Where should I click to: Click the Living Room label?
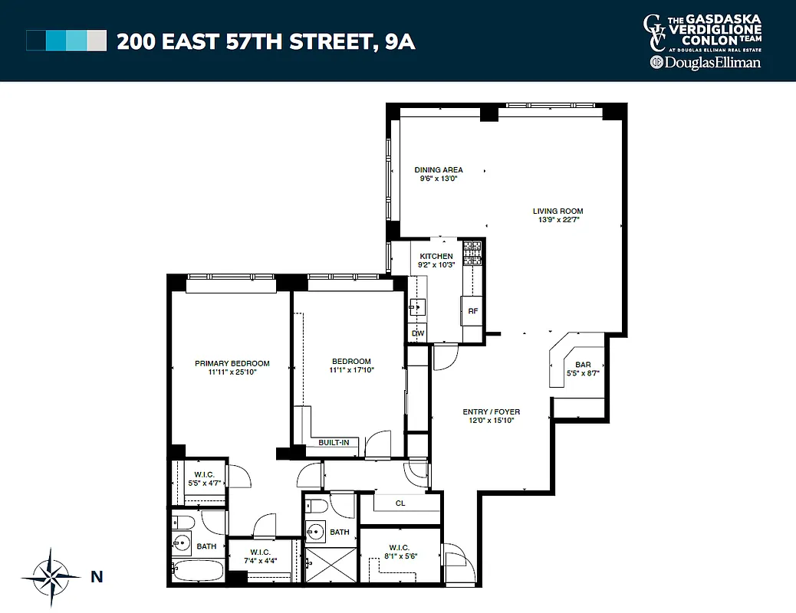tap(558, 211)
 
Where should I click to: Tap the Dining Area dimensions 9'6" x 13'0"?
tap(438, 179)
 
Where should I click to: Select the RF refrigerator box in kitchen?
tap(473, 311)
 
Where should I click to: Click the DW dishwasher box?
tap(418, 333)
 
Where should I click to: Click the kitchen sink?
tap(416, 307)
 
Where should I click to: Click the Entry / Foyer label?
tap(492, 411)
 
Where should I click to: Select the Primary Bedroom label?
tap(232, 363)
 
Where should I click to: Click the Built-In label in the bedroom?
tap(334, 442)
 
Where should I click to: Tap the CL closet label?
tap(400, 503)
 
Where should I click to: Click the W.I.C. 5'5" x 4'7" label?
tap(205, 477)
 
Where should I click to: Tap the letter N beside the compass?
tap(97, 577)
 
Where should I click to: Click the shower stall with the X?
tap(331, 567)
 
